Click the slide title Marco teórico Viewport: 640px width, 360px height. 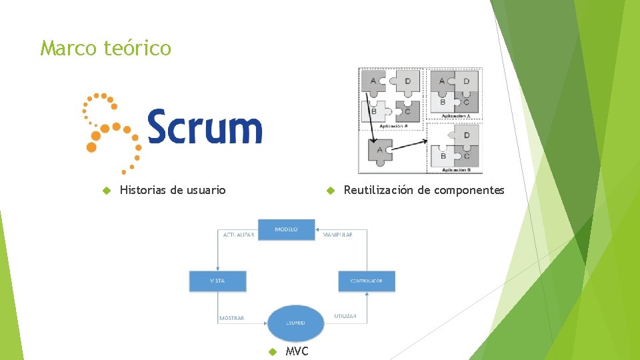coord(105,49)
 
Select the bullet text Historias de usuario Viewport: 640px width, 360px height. coord(173,191)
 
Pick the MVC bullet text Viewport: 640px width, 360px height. coord(297,351)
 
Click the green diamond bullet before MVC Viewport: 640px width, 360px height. coord(271,351)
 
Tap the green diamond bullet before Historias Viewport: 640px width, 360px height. coord(105,191)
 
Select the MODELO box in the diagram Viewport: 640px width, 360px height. coord(286,229)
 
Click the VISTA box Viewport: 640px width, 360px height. coord(217,281)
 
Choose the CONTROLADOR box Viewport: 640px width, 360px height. coord(366,281)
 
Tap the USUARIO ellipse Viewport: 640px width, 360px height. coord(296,323)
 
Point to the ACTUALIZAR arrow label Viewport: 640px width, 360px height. coord(238,235)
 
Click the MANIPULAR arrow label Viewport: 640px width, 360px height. coord(337,235)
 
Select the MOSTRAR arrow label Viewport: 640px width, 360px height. coord(232,319)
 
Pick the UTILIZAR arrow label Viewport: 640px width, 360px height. coord(345,316)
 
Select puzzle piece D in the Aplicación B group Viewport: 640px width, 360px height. coord(465,136)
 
